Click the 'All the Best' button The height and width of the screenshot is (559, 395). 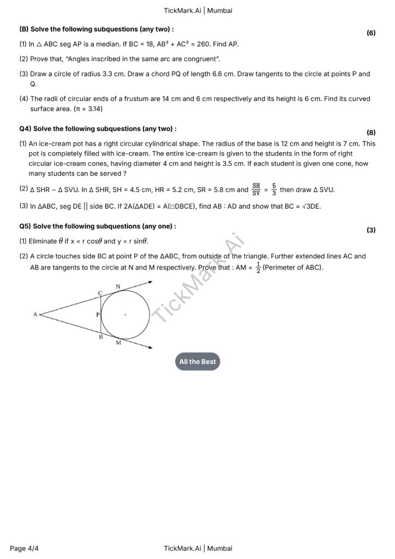coord(197,361)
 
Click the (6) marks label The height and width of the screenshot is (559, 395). coord(371,33)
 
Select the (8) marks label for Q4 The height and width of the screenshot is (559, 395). coord(371,133)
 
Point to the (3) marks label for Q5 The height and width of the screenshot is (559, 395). coord(371,230)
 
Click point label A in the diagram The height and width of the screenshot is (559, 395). coord(35,314)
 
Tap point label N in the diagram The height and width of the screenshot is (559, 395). coord(118,286)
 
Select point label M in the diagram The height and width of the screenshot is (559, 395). coord(118,343)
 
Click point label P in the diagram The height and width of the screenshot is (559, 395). coord(98,315)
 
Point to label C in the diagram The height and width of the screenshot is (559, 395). coord(100,293)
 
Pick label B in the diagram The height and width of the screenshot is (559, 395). coord(100,337)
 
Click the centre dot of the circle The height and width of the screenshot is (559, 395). coord(125,314)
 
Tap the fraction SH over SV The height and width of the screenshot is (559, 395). coord(256,189)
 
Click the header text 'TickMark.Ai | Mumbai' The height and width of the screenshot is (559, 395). coord(197,10)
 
